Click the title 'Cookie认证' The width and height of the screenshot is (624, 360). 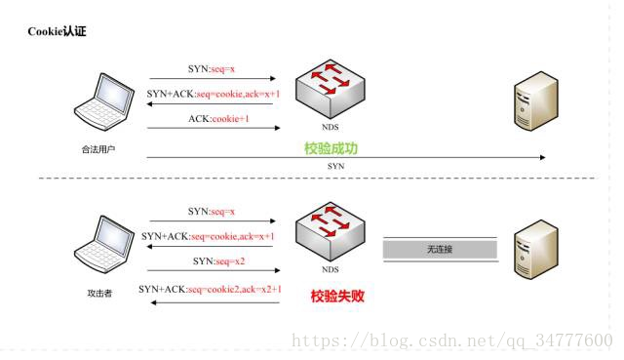[x=58, y=31]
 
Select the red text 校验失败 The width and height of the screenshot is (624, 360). [x=337, y=296]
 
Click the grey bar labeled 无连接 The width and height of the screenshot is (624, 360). [x=441, y=249]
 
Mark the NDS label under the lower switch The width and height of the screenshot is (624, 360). [x=331, y=269]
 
